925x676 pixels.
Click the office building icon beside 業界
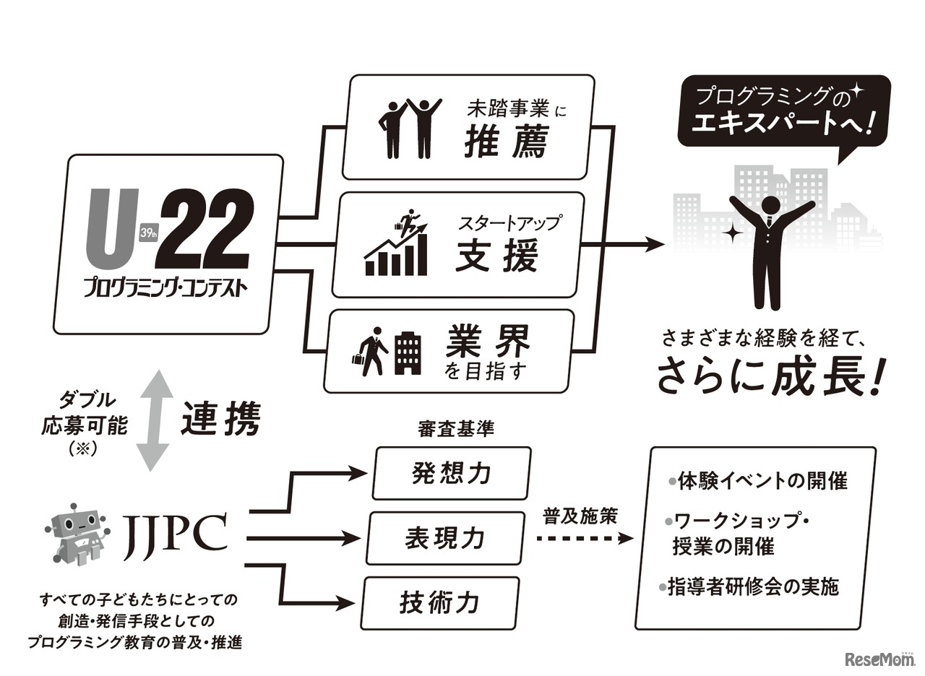pos(408,353)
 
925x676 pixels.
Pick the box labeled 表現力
pos(444,538)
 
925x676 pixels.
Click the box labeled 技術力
pos(440,602)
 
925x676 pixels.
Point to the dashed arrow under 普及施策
pos(585,539)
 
